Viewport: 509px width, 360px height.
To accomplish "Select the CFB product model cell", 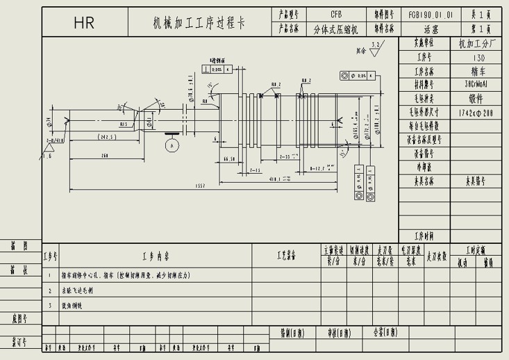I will pos(336,14).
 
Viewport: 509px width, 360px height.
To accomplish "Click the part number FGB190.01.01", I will pos(430,14).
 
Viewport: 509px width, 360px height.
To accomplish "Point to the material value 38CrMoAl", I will pos(476,84).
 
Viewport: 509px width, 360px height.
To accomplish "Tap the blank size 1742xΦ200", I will pos(476,112).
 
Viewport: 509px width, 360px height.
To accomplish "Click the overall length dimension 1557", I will pos(202,186).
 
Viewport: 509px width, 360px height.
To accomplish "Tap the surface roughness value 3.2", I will pos(376,44).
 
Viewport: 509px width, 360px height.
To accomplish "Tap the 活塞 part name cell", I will pos(430,29).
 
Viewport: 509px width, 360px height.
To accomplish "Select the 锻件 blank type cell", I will pos(476,98).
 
